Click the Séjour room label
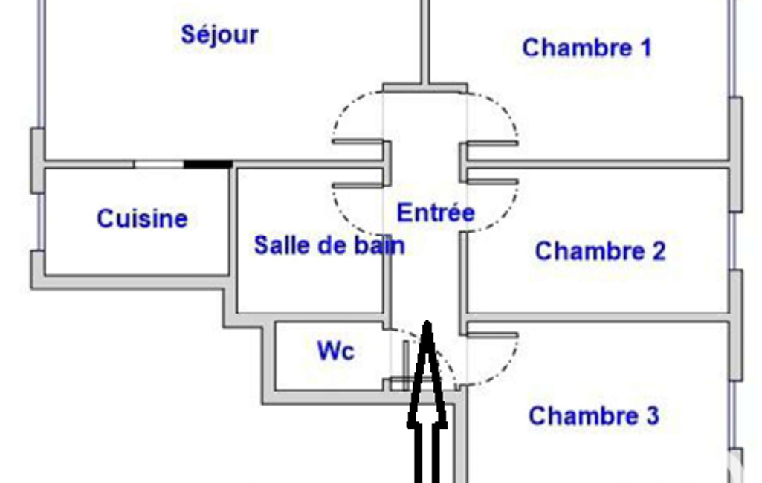pyautogui.click(x=219, y=35)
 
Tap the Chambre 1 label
pyautogui.click(x=587, y=48)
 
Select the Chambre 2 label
pyautogui.click(x=600, y=251)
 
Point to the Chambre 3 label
pyautogui.click(x=594, y=416)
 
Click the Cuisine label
pyautogui.click(x=143, y=218)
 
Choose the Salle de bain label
pyautogui.click(x=329, y=245)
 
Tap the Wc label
pyautogui.click(x=336, y=350)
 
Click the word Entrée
pyautogui.click(x=436, y=213)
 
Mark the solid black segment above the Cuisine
pyautogui.click(x=208, y=164)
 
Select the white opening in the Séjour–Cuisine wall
pyautogui.click(x=159, y=164)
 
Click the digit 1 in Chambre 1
pyautogui.click(x=646, y=48)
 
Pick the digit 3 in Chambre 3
pyautogui.click(x=653, y=416)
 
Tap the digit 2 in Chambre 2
pyautogui.click(x=659, y=251)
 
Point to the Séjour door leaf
pyautogui.click(x=358, y=143)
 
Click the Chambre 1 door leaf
pyautogui.click(x=493, y=143)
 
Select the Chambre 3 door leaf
pyautogui.click(x=493, y=335)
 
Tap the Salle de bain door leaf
pyautogui.click(x=358, y=184)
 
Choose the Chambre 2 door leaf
pyautogui.click(x=493, y=182)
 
